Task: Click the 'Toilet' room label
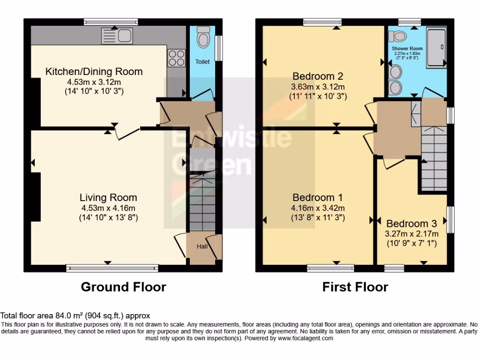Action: [202, 62]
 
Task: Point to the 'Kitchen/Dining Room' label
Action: [94, 72]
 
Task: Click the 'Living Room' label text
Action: [108, 197]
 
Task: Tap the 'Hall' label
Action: [202, 247]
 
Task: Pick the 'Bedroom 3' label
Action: [407, 224]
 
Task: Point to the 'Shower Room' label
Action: [407, 48]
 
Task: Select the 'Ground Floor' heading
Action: [123, 287]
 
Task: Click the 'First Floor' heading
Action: [355, 287]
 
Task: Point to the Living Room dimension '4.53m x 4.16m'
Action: [108, 208]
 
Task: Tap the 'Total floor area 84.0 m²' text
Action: [75, 316]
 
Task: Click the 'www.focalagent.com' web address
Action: [305, 338]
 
